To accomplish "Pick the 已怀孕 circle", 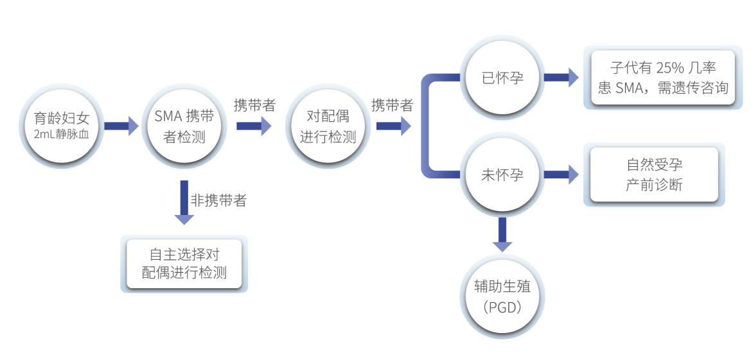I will pyautogui.click(x=502, y=78).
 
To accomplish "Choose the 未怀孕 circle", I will pyautogui.click(x=502, y=174).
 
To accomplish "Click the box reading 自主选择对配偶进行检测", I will pyautogui.click(x=184, y=265).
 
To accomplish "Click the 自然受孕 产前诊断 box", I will pyautogui.click(x=654, y=175).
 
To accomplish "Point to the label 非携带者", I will pyautogui.click(x=218, y=201).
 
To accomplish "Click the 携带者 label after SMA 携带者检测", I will pyautogui.click(x=254, y=107).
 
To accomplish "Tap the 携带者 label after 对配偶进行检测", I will pyautogui.click(x=392, y=107).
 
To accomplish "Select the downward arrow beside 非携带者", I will pyautogui.click(x=184, y=203).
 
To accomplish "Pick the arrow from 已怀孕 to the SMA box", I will pyautogui.click(x=561, y=78).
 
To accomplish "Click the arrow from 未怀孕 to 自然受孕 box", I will pyautogui.click(x=561, y=174).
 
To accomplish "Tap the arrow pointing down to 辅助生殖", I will pyautogui.click(x=502, y=234).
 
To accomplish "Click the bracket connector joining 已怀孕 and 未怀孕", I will pyautogui.click(x=427, y=126).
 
